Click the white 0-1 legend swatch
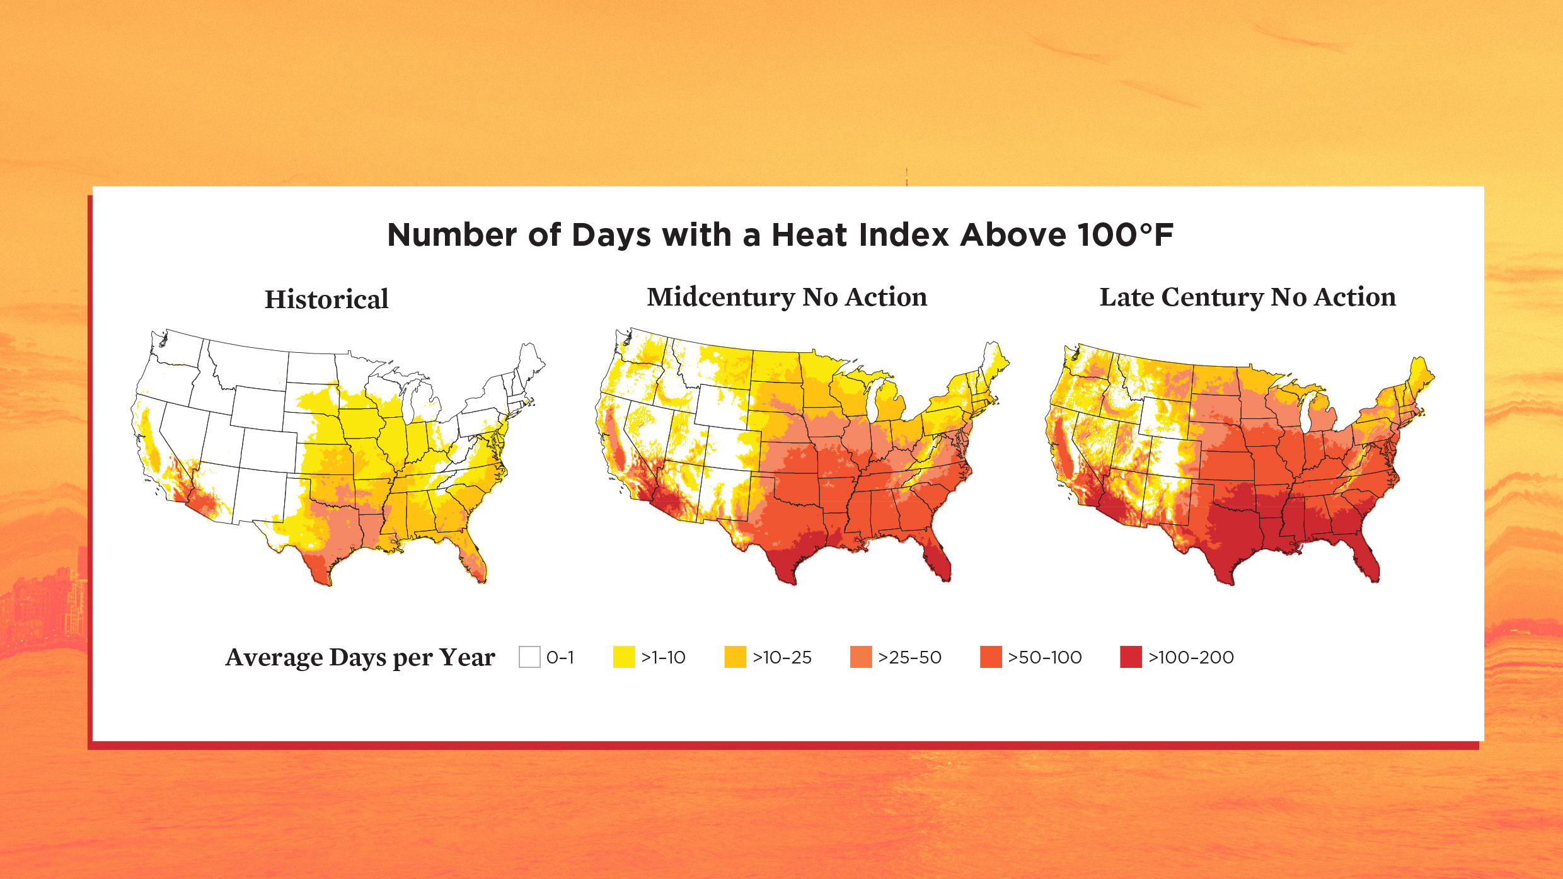[x=529, y=657]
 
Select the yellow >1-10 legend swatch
[x=624, y=657]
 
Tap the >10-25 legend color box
[x=735, y=657]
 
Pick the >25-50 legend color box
[x=861, y=657]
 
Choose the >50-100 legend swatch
[x=991, y=657]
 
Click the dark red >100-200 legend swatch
[x=1131, y=657]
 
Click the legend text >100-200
[x=1191, y=657]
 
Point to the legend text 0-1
[x=560, y=657]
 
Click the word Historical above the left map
[x=326, y=299]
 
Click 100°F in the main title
[x=1125, y=235]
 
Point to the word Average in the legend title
[x=274, y=657]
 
